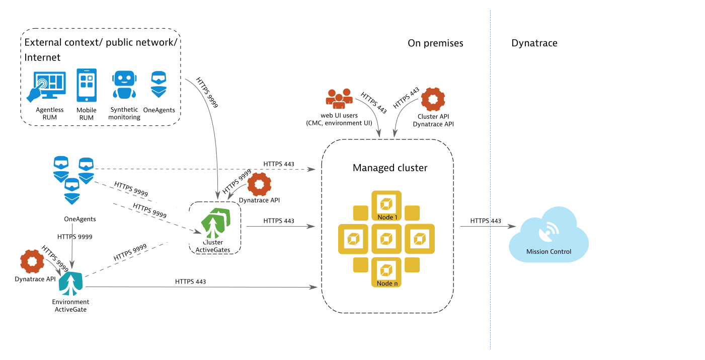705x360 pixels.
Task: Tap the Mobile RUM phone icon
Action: pos(86,86)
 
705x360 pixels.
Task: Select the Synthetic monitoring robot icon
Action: pos(123,84)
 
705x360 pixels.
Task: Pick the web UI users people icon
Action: pos(339,99)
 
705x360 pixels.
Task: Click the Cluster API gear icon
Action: pos(433,100)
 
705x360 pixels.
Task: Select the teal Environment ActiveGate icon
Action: pos(71,284)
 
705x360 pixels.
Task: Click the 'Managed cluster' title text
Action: pos(390,168)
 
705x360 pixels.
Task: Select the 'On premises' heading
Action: pos(435,43)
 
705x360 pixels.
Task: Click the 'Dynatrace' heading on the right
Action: pos(534,43)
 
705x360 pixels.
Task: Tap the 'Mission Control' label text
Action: pos(549,252)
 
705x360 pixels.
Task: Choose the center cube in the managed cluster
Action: pos(386,239)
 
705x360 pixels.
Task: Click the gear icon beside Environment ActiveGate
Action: pos(32,262)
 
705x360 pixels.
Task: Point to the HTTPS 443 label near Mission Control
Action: pos(486,221)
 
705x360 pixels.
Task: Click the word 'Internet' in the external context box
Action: pos(42,57)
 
